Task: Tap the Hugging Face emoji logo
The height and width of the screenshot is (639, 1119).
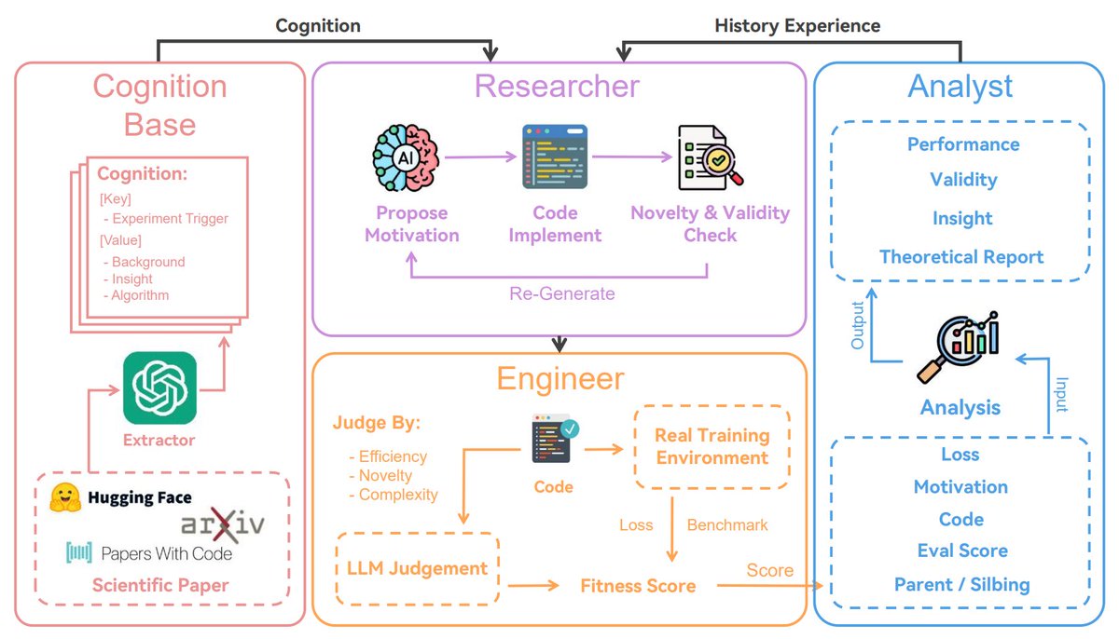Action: point(64,498)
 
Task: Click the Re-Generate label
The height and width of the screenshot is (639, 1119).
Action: point(561,293)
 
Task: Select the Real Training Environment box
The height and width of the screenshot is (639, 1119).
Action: point(711,446)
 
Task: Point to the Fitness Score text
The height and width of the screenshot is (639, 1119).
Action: point(638,586)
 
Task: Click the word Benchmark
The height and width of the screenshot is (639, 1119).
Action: point(727,525)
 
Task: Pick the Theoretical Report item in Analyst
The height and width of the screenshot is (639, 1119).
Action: point(961,257)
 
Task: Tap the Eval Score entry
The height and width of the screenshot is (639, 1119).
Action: point(961,551)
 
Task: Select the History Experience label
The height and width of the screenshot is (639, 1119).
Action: point(797,25)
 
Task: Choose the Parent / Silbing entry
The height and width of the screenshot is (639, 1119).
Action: point(961,585)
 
